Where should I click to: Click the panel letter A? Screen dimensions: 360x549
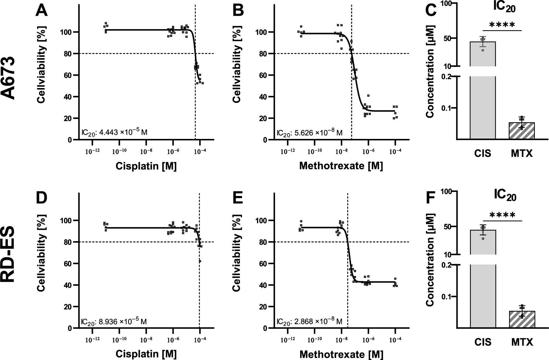point(42,11)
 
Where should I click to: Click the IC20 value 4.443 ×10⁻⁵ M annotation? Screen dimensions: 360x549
point(114,132)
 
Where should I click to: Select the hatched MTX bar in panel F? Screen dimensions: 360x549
point(522,319)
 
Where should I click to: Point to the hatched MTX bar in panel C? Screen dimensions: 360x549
point(522,131)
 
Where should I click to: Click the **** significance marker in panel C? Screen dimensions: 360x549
point(502,25)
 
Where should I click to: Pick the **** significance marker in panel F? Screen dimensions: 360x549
point(502,215)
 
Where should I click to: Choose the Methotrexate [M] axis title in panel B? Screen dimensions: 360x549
point(341,166)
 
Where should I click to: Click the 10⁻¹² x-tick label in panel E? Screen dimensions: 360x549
point(288,340)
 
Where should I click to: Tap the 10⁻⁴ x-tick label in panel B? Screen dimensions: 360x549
point(395,152)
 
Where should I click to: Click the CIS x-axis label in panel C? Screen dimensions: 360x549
point(483,153)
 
